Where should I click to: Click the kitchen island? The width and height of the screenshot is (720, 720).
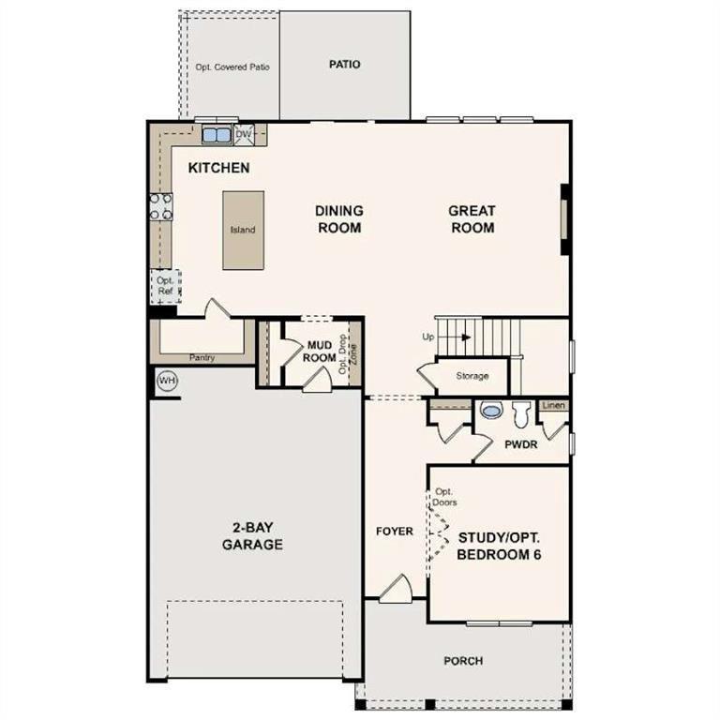[243, 230]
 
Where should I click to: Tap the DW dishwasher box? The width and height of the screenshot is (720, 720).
[244, 135]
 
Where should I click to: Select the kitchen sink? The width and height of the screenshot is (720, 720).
[217, 135]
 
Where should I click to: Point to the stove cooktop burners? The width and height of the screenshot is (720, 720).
[160, 206]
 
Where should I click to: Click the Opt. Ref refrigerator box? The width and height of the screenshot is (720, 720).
[165, 286]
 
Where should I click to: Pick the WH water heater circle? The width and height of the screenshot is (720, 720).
[167, 381]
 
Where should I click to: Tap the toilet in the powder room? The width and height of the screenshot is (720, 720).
[521, 412]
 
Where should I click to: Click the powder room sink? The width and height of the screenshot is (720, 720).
[490, 411]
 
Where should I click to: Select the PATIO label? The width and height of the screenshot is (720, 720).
[344, 65]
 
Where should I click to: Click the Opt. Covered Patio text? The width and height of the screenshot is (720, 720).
[232, 67]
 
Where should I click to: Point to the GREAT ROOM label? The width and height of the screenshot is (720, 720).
[472, 219]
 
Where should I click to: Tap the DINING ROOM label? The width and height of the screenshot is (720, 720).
[338, 219]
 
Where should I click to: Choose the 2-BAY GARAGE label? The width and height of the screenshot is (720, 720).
[252, 535]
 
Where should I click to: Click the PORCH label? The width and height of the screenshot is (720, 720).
[463, 661]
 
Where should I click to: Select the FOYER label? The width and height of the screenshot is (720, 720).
[395, 532]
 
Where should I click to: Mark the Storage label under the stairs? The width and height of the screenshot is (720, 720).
[472, 376]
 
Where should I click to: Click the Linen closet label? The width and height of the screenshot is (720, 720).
[554, 405]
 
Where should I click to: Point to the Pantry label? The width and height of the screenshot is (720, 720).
[202, 357]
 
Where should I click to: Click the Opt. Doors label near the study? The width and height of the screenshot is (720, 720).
[444, 497]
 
